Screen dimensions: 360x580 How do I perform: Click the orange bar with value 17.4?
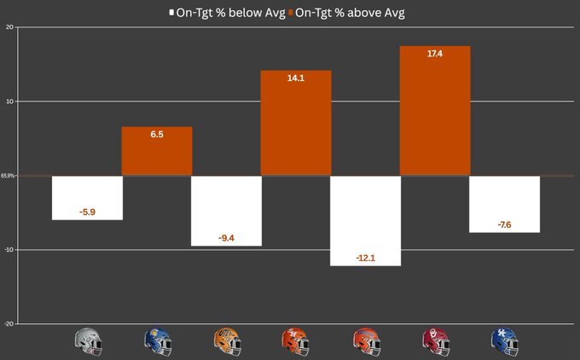pos(434,111)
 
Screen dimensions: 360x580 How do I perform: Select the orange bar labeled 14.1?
pos(295,123)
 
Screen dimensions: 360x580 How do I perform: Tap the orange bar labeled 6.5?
pos(157,151)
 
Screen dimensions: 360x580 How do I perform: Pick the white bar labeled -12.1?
pos(364,220)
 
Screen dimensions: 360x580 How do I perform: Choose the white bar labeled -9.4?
pos(226,211)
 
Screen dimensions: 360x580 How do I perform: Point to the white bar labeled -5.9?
pos(87,197)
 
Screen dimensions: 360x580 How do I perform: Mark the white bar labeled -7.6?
pos(504,204)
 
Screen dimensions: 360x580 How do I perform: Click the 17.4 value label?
pos(434,54)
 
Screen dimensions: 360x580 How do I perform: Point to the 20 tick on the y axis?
pos(9,27)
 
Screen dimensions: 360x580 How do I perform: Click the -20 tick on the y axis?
pos(9,324)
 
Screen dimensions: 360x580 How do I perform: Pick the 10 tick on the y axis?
pos(9,102)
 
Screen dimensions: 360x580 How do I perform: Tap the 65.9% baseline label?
pos(8,176)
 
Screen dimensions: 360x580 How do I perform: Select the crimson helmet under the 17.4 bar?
pos(435,341)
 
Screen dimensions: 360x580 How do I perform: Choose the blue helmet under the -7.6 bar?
pos(504,341)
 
